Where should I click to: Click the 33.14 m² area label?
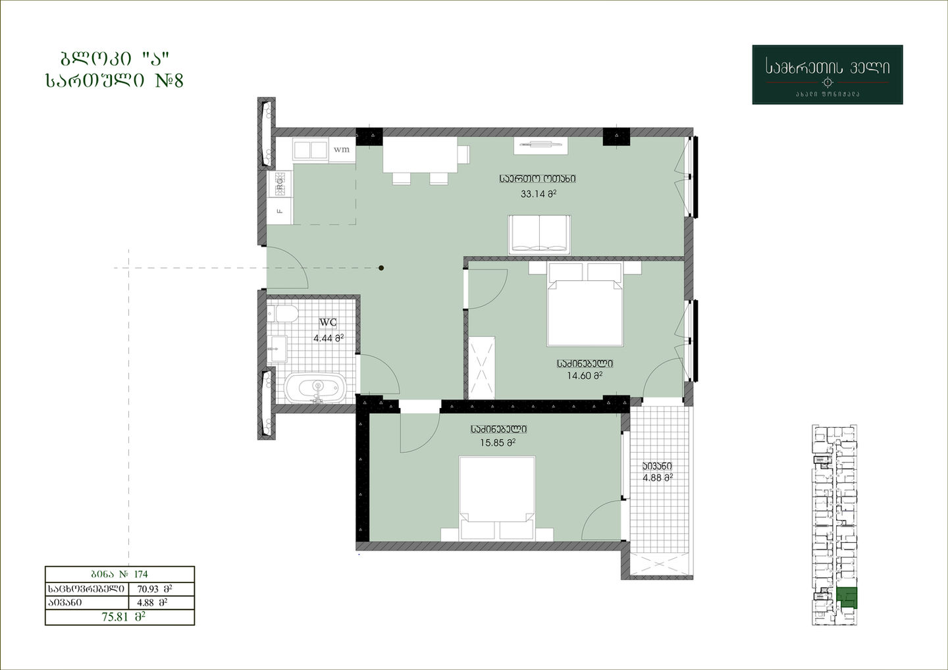click(539, 194)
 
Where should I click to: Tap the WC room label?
click(328, 322)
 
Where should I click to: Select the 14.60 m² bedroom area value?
click(585, 375)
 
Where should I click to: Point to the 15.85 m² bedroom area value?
click(498, 443)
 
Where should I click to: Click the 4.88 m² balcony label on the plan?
click(658, 478)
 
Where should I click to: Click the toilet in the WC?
click(282, 315)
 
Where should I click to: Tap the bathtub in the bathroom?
click(315, 387)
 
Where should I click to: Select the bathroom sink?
click(277, 349)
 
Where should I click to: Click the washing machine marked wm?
click(342, 149)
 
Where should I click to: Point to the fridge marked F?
click(280, 211)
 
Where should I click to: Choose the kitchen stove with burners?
click(280, 184)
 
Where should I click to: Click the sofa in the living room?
click(539, 235)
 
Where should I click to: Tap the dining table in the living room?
click(420, 155)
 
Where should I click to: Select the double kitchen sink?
click(311, 150)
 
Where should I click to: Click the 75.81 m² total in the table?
click(123, 617)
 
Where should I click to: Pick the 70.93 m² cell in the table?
click(155, 589)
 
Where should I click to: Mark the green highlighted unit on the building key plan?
click(847, 598)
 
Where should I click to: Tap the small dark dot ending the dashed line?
click(381, 268)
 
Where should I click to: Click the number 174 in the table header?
click(141, 574)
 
